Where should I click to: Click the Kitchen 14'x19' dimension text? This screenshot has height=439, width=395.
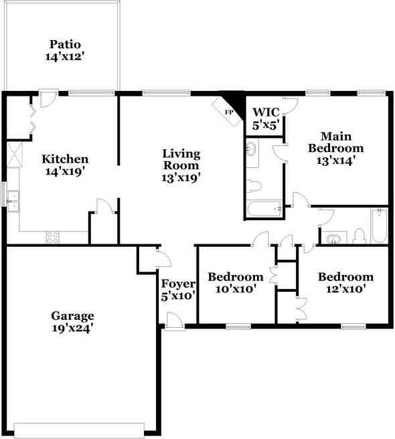pyautogui.click(x=65, y=171)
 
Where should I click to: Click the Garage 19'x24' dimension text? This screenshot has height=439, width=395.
pyautogui.click(x=73, y=328)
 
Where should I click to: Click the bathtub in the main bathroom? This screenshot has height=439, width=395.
pyautogui.click(x=264, y=209)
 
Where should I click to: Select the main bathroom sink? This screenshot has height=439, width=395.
pyautogui.click(x=252, y=151)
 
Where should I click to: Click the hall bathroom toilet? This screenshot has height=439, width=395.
pyautogui.click(x=359, y=236)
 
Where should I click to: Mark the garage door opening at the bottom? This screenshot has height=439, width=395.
pyautogui.click(x=79, y=428)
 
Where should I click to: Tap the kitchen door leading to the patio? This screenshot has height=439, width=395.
pyautogui.click(x=47, y=99)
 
